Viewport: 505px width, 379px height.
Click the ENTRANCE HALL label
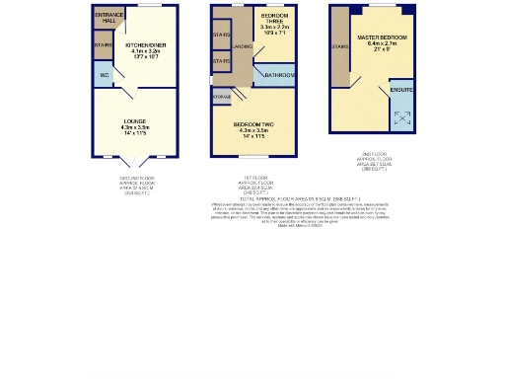(x=108, y=19)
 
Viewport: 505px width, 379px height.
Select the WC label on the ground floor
(x=104, y=75)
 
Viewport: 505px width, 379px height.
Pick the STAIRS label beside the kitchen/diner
(x=103, y=45)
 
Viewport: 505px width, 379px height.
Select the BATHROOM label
(x=278, y=75)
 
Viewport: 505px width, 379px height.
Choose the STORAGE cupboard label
(x=222, y=97)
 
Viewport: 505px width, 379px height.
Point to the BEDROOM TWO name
(x=259, y=122)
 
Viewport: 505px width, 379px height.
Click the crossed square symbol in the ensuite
(x=403, y=118)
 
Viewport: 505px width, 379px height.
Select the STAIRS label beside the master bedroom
(x=341, y=45)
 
